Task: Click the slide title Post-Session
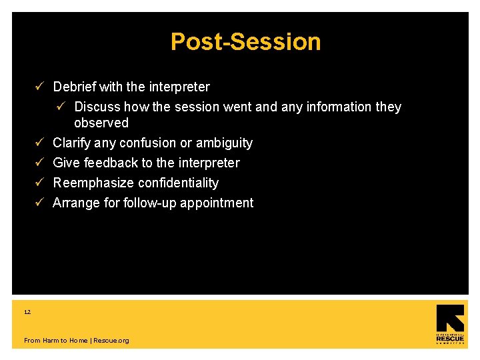(245, 42)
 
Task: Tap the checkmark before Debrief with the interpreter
(40, 87)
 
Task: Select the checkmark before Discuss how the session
(61, 107)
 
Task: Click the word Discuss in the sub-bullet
(97, 107)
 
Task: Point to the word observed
(101, 123)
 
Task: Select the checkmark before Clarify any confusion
(40, 143)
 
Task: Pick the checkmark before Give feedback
(40, 163)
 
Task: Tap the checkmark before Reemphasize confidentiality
(40, 183)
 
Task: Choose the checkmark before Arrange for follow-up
(40, 203)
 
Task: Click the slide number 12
(27, 312)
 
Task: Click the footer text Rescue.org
(111, 341)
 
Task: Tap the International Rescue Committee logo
(450, 325)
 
